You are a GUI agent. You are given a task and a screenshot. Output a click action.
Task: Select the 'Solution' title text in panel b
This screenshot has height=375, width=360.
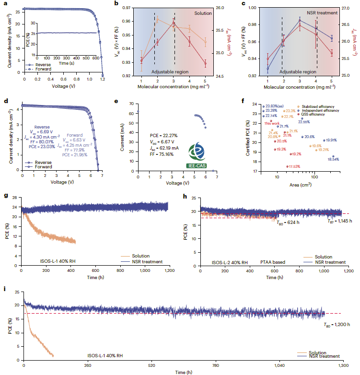tap(203, 13)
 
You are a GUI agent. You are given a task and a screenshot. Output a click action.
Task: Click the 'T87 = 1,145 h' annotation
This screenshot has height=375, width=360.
tap(339, 222)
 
